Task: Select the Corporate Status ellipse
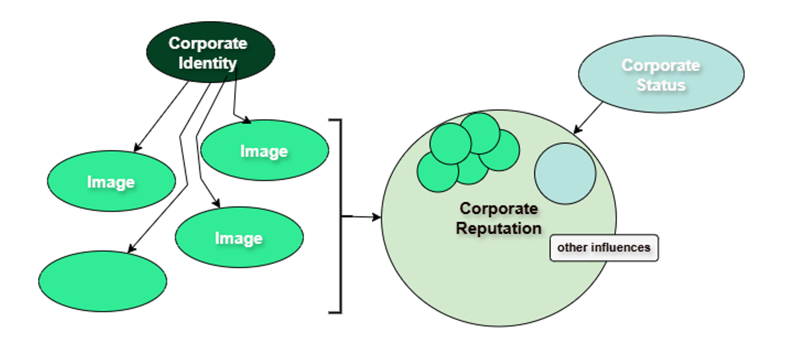click(661, 74)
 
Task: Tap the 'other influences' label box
click(604, 248)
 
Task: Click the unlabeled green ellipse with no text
click(103, 281)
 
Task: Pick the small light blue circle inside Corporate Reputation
click(565, 173)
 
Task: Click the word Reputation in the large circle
click(499, 228)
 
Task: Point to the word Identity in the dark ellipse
click(207, 63)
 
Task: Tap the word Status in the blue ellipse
click(661, 85)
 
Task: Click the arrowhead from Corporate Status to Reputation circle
click(576, 130)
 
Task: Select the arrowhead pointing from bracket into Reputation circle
click(376, 217)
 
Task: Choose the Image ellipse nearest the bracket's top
click(264, 151)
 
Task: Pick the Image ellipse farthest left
click(111, 182)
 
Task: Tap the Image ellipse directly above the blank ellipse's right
click(239, 238)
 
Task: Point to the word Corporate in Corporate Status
click(661, 65)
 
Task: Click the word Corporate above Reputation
click(499, 209)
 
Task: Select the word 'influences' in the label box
click(620, 248)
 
